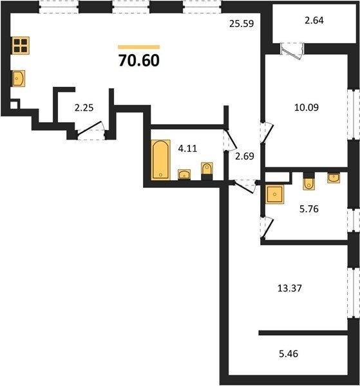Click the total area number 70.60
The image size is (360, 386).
click(139, 60)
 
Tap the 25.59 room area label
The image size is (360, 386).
click(242, 24)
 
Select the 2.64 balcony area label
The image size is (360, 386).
click(314, 21)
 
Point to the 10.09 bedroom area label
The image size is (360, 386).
click(307, 107)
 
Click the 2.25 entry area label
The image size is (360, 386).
click(84, 108)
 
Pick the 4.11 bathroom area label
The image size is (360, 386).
click(188, 149)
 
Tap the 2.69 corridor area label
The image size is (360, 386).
click(245, 156)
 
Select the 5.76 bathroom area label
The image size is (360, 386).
click(309, 208)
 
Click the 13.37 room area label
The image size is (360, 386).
click(290, 288)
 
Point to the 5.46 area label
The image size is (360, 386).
click(289, 354)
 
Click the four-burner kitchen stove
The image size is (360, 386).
click(21, 46)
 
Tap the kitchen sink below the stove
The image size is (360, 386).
click(19, 78)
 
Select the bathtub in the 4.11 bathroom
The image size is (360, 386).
click(160, 160)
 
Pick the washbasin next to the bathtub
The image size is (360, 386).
click(184, 174)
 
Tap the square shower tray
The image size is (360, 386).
click(274, 194)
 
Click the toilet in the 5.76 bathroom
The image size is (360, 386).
click(308, 181)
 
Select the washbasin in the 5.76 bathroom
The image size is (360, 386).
click(334, 178)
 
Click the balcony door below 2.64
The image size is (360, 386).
click(292, 51)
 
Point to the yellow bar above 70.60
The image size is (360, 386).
click(139, 47)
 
